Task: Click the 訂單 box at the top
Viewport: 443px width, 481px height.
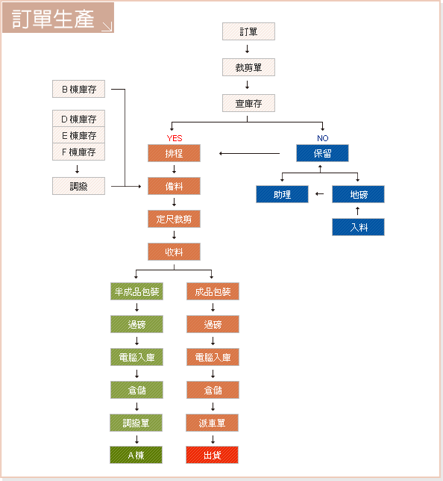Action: point(248,31)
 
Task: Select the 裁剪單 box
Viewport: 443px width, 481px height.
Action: point(248,67)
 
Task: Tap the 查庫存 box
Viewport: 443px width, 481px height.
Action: point(248,103)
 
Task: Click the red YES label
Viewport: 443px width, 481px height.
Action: point(175,138)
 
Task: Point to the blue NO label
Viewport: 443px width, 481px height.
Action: point(323,138)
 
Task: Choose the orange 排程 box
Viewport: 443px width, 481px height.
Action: point(174,153)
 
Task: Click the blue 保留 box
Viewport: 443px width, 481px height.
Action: point(322,153)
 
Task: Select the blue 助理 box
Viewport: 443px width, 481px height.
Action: point(282,194)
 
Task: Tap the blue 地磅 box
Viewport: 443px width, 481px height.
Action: point(358,194)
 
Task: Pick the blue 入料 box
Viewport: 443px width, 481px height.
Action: point(358,227)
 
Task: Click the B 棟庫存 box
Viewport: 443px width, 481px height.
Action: point(79,89)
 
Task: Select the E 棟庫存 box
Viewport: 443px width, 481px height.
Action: point(79,135)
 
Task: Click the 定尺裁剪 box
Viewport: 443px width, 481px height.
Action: point(174,219)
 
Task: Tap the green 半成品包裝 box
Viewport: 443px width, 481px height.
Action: point(136,291)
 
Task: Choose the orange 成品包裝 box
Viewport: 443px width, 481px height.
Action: point(213,291)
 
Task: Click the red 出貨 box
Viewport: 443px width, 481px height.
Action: point(212,455)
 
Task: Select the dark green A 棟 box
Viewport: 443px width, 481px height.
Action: point(136,455)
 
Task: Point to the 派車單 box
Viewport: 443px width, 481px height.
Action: point(212,423)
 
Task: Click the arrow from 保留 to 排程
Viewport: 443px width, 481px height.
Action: point(249,153)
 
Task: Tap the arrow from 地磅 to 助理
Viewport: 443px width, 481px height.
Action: point(319,194)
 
